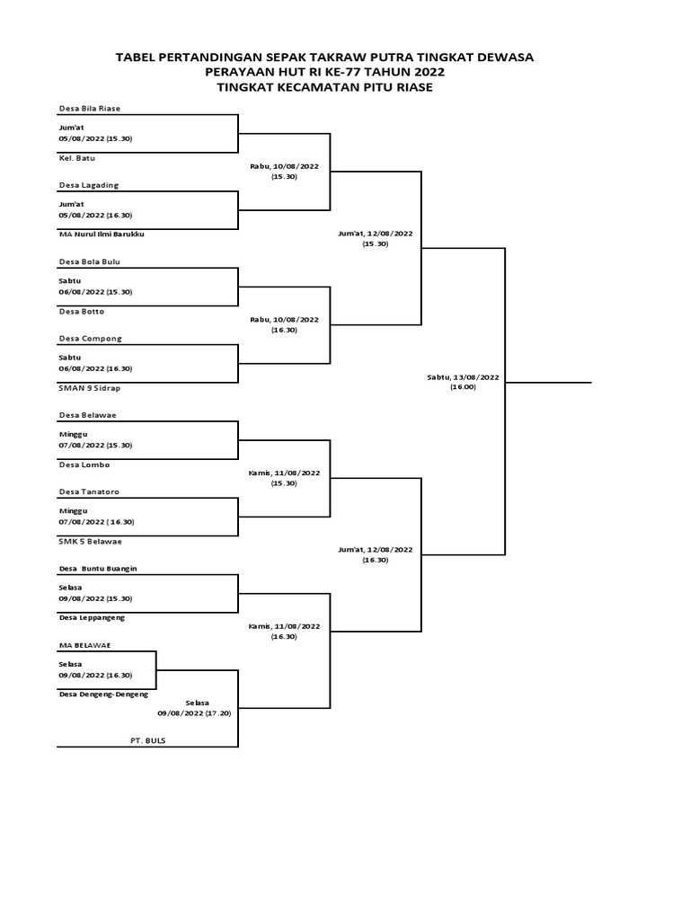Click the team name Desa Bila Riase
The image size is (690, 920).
pos(89,109)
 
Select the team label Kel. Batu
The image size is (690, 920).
pos(76,158)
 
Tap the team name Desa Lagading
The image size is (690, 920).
pos(89,185)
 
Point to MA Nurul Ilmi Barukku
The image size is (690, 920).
pos(102,234)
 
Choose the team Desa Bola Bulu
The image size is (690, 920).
pos(89,261)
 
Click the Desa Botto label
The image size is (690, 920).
pos(82,312)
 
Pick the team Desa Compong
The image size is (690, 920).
pos(91,339)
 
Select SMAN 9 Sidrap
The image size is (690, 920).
pos(89,388)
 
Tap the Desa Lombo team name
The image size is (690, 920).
pos(84,464)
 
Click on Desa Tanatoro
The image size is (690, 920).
pos(89,491)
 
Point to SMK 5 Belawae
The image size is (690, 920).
pos(91,542)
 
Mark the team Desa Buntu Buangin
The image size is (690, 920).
pos(98,569)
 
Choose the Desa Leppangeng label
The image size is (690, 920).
pos(93,618)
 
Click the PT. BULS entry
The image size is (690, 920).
pos(148,740)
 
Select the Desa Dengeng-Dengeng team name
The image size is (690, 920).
pos(103,694)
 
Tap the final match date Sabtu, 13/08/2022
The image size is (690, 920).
pos(463,377)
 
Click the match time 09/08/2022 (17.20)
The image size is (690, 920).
pos(194,713)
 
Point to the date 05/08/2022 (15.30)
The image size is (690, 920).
pos(95,139)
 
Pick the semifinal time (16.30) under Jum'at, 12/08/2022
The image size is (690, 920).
pos(376,561)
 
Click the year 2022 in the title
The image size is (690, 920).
pos(429,72)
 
